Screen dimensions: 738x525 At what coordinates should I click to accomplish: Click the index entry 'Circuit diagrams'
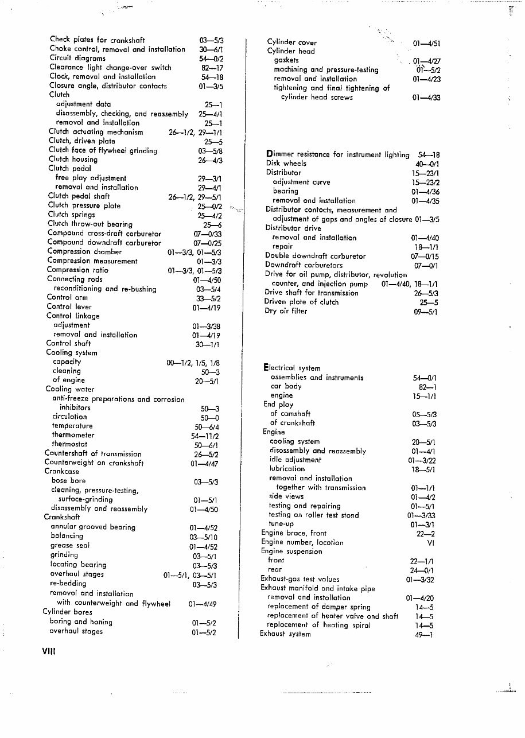77,58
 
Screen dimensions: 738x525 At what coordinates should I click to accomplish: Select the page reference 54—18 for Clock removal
212,76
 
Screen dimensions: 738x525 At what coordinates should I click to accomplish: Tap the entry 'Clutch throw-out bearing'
90,224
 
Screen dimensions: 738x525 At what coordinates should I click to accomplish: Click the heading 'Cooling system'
71,352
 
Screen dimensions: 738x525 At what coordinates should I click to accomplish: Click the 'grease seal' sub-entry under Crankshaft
69,545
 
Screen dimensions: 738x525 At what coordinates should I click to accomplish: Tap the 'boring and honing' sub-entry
80,622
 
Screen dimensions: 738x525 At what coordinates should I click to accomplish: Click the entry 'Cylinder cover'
291,42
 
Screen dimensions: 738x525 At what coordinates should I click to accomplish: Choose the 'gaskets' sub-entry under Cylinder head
286,60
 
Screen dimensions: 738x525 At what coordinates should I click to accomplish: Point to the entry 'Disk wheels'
286,163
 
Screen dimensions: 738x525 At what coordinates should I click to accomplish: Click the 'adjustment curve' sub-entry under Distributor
301,182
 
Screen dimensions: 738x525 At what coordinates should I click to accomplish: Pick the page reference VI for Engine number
430,542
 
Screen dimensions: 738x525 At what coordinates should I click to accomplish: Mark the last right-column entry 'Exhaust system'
285,634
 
